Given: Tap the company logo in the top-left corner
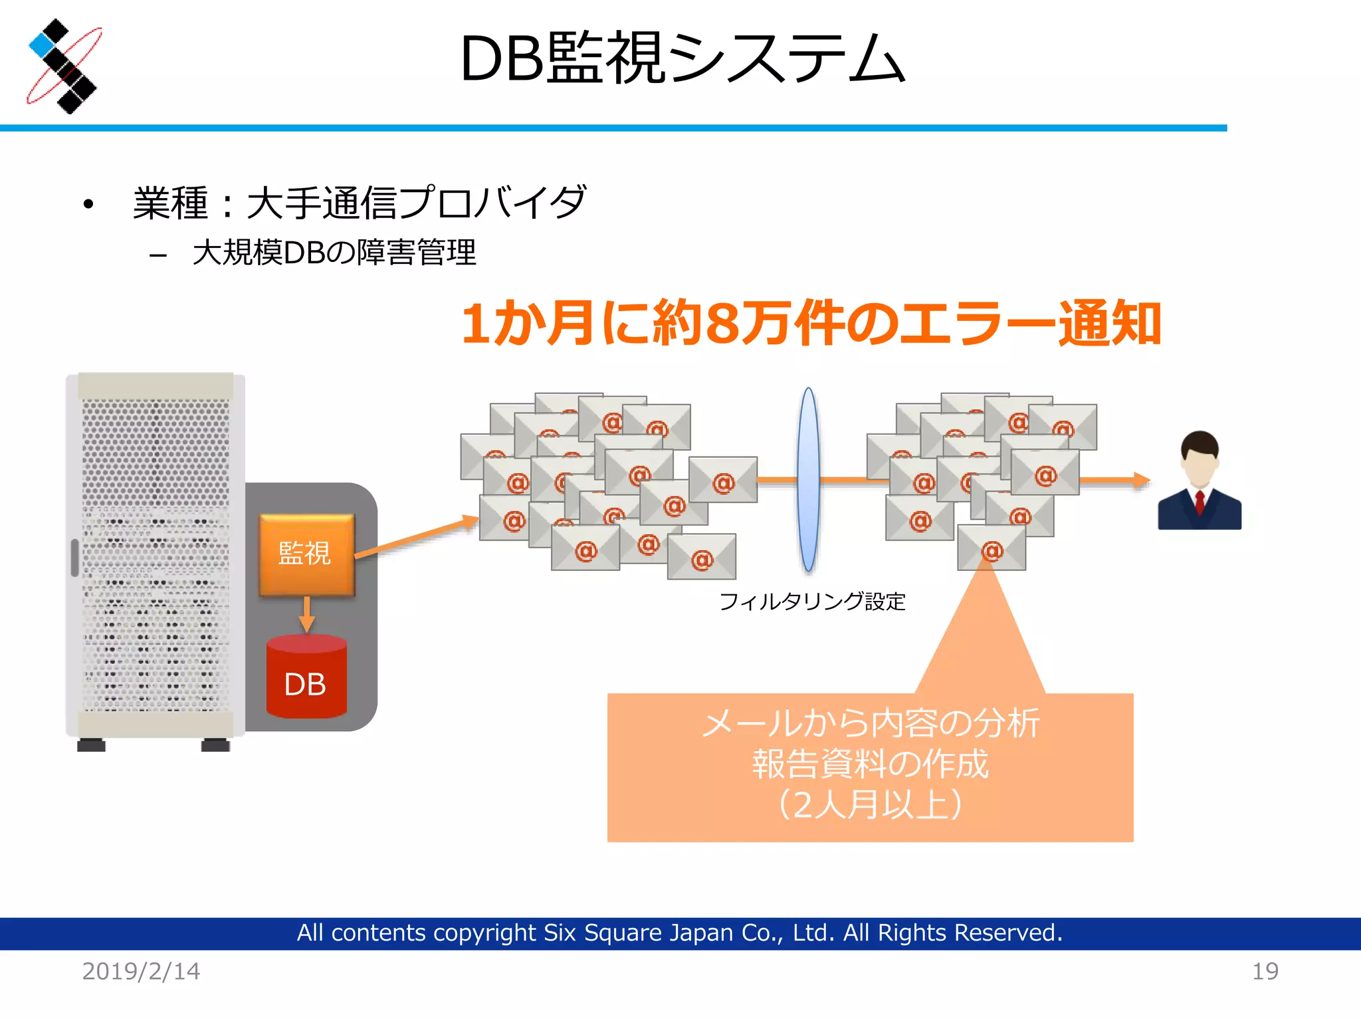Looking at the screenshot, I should pos(64,66).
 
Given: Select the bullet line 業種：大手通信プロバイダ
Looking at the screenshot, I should pos(359,203).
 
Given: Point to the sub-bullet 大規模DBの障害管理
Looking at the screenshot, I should pos(334,253).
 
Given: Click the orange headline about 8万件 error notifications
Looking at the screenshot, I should pos(811,324).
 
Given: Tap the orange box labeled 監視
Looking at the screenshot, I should pos(306,554).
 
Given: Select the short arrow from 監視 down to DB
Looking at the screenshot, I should pos(306,613).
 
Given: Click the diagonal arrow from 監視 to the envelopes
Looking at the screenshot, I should pos(415,537).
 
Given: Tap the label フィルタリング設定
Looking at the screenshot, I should pos(812,602).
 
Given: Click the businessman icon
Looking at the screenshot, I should pos(1200,481).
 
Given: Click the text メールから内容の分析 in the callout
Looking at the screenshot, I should pos(870,724).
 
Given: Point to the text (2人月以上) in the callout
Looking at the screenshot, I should pos(870,805).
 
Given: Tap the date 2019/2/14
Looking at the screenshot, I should pos(141,972).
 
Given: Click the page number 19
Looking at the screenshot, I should pos(1265,972).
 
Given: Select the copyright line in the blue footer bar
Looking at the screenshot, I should pos(679,933).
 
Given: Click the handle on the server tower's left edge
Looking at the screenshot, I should pos(74,557).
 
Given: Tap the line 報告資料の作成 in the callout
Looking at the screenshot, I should pos(870,764).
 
